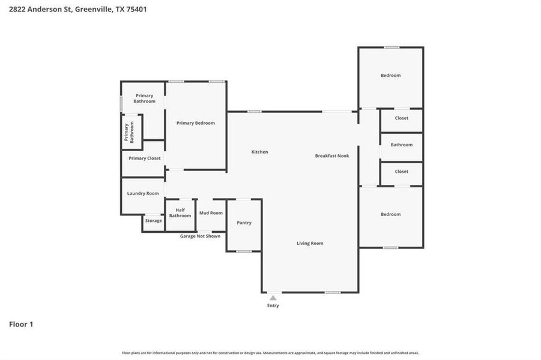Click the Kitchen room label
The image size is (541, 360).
pyautogui.click(x=259, y=152)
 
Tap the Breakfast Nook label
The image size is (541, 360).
pyautogui.click(x=332, y=155)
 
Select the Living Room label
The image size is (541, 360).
pyautogui.click(x=310, y=243)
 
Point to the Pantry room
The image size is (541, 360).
pyautogui.click(x=244, y=223)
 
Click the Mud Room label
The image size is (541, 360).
pyautogui.click(x=211, y=213)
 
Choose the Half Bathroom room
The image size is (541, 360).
pyautogui.click(x=180, y=212)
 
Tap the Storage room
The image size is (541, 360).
pyautogui.click(x=153, y=221)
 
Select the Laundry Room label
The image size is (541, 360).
pyautogui.click(x=143, y=193)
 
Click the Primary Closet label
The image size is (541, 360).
pyautogui.click(x=144, y=158)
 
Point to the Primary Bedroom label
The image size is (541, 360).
pyautogui.click(x=195, y=123)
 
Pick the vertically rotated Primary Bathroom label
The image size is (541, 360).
pyautogui.click(x=127, y=132)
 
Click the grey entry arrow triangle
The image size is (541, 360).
pyautogui.click(x=273, y=298)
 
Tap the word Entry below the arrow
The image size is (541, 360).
pyautogui.click(x=273, y=305)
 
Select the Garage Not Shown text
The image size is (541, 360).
pyautogui.click(x=200, y=236)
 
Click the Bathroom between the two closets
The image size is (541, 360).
pyautogui.click(x=401, y=145)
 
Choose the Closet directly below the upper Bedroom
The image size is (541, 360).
pyautogui.click(x=401, y=118)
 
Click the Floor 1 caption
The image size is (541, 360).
pyautogui.click(x=21, y=325)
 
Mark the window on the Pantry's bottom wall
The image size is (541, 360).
pyautogui.click(x=244, y=251)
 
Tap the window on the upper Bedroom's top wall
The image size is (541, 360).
pyautogui.click(x=391, y=47)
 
